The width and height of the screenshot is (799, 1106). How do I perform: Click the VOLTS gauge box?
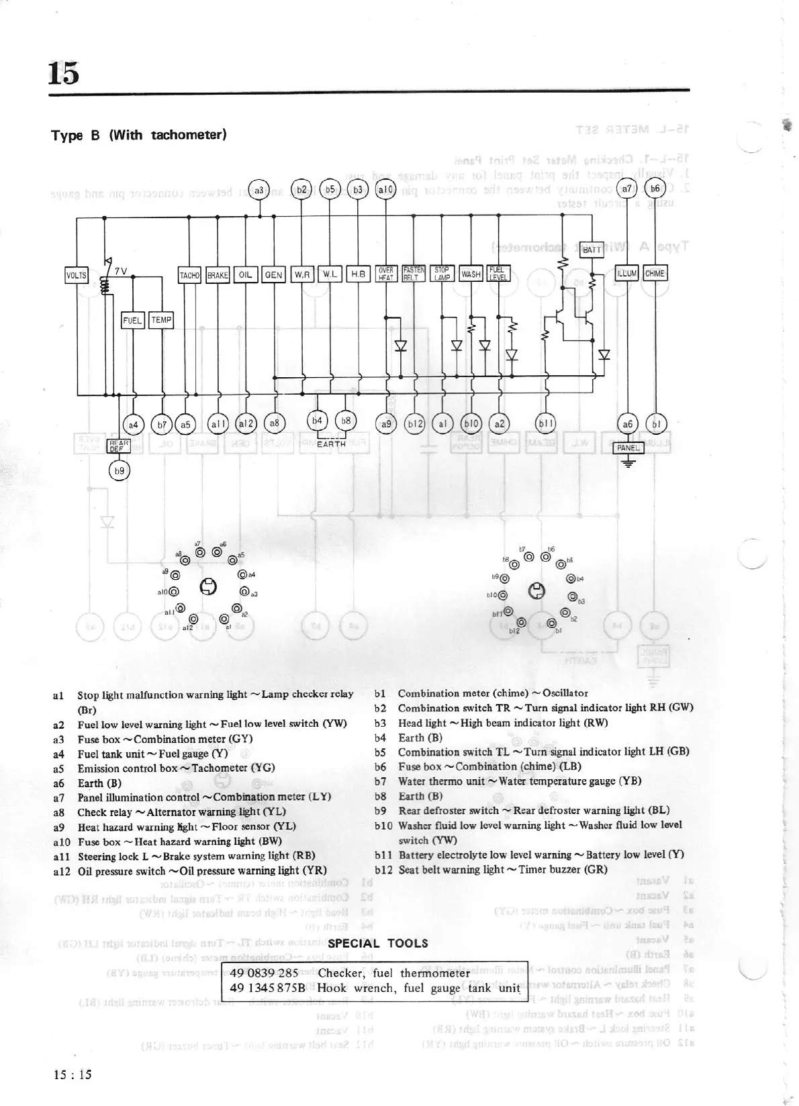click(77, 274)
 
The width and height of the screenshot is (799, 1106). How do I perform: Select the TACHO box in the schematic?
click(190, 274)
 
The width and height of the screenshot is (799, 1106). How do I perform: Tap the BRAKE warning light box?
click(218, 274)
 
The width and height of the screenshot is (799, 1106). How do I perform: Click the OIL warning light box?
click(246, 274)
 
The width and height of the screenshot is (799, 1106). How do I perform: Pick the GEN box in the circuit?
click(273, 274)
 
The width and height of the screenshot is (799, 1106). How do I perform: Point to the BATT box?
click(592, 250)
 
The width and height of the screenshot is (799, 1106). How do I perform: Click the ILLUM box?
click(627, 273)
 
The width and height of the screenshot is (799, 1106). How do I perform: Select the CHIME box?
click(655, 273)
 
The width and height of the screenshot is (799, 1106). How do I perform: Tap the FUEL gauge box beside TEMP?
click(132, 320)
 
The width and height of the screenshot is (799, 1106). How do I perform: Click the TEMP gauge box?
click(161, 320)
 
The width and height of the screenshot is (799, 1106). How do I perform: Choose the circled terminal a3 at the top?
click(258, 190)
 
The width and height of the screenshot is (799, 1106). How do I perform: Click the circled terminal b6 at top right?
click(655, 189)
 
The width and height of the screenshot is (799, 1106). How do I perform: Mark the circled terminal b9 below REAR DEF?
click(119, 471)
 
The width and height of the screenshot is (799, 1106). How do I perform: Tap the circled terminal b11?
click(545, 423)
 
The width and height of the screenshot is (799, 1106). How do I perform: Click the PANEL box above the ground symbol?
click(628, 448)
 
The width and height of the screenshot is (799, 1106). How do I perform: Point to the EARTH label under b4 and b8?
click(331, 444)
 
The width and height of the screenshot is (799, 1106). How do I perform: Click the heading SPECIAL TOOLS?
click(378, 944)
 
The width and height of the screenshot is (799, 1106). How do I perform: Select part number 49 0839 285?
click(264, 973)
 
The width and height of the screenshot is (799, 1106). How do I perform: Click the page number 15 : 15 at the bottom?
click(72, 1074)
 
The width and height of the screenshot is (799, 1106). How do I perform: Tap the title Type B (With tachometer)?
click(139, 135)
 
